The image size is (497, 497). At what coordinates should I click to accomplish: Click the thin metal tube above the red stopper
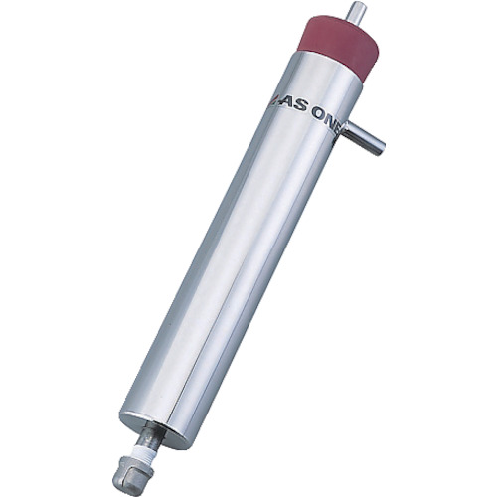tap(355, 12)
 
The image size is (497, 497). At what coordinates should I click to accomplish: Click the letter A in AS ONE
tap(286, 104)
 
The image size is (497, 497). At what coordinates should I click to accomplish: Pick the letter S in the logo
tap(301, 108)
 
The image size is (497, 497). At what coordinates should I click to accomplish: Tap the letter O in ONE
tap(319, 114)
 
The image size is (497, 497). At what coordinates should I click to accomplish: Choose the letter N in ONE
tap(331, 122)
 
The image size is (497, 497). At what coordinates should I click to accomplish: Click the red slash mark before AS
tap(273, 101)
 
